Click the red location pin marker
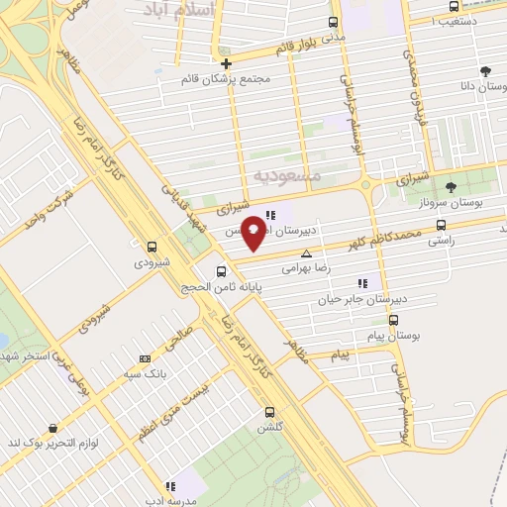(254, 231)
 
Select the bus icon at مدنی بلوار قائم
(332, 22)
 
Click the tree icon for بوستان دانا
(485, 71)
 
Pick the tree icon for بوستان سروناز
(452, 187)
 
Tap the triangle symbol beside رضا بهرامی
(306, 253)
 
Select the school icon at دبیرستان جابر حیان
(363, 282)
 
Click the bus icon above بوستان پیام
(394, 320)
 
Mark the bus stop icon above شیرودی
(152, 247)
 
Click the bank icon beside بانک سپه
(146, 358)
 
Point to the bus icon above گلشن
(269, 412)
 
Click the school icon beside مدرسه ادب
(170, 486)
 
